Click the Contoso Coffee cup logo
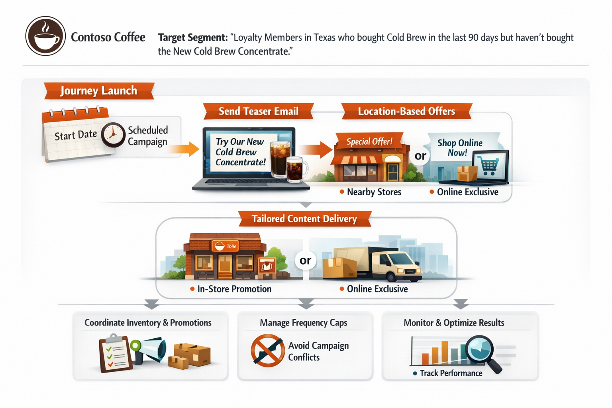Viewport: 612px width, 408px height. [x=46, y=36]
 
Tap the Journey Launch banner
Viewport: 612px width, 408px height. [x=99, y=91]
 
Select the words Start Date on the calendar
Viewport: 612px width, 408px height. [x=76, y=135]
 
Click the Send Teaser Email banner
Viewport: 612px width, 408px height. [x=259, y=111]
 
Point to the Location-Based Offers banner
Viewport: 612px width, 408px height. [x=406, y=111]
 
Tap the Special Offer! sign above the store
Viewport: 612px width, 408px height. [x=369, y=141]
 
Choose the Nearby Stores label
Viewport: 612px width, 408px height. [x=371, y=192]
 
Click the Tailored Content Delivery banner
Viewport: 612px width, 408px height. [x=305, y=219]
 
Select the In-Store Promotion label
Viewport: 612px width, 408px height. [x=231, y=289]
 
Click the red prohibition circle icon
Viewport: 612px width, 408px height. [x=267, y=351]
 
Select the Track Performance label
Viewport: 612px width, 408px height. [x=448, y=373]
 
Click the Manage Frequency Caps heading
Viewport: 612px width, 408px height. [x=303, y=323]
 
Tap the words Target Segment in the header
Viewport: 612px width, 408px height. [x=193, y=37]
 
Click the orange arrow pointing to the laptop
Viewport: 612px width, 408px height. [x=184, y=149]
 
